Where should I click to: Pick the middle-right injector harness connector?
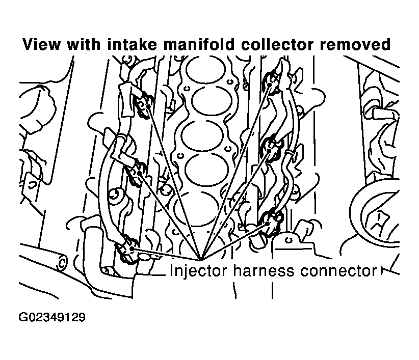coord(271,148)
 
